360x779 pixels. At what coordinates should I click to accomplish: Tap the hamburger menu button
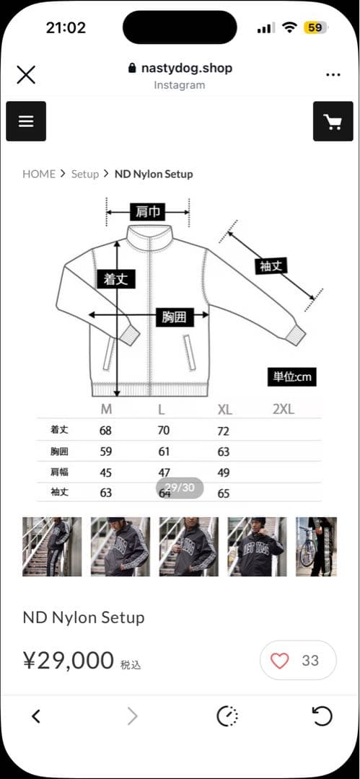26,121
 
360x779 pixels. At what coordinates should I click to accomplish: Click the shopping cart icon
333,121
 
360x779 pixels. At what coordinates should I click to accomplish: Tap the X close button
26,74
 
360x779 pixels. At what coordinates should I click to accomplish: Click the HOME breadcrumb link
39,174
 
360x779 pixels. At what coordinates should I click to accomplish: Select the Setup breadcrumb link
84,174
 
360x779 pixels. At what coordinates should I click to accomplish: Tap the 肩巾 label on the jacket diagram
148,212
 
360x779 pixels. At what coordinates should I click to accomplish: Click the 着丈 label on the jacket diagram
115,278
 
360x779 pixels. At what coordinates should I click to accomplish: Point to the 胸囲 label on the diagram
174,316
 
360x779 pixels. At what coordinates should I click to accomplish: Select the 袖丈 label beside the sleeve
273,265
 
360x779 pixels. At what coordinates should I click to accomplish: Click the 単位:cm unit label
292,377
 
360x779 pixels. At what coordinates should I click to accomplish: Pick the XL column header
224,410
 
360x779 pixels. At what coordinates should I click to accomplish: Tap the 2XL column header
284,410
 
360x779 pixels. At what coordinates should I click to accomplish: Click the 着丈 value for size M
105,431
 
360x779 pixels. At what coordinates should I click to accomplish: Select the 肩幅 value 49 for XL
224,472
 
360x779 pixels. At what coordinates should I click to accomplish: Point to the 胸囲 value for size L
164,452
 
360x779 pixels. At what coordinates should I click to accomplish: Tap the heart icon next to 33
279,660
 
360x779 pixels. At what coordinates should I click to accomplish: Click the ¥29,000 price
69,660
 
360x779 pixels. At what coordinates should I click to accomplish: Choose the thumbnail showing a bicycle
316,546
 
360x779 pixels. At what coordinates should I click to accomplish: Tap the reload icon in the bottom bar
322,716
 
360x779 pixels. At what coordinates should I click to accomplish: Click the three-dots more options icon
333,74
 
